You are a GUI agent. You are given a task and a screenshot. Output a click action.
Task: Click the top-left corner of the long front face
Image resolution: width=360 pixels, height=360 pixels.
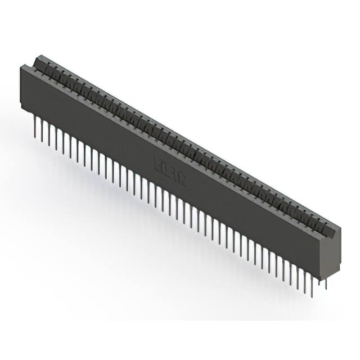21,66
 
